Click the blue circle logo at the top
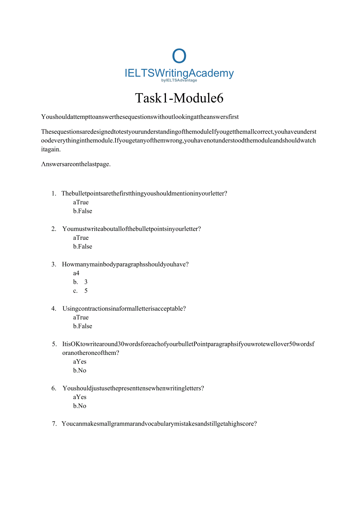coord(179,56)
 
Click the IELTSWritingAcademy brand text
coord(179,73)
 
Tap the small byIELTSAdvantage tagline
coord(179,80)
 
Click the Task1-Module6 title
coord(179,98)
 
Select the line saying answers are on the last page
coord(76,164)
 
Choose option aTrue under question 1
coord(81,202)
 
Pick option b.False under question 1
coord(83,211)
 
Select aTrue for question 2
coord(81,238)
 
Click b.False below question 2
coord(83,246)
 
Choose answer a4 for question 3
coord(76,273)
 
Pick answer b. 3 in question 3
coord(80,282)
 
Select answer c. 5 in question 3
coord(80,291)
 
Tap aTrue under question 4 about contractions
coord(81,317)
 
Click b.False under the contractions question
coord(83,326)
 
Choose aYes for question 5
coord(80,362)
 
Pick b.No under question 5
coord(80,371)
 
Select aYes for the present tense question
coord(80,397)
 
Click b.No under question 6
coord(80,406)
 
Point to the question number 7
coord(54,424)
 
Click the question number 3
coord(54,264)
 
